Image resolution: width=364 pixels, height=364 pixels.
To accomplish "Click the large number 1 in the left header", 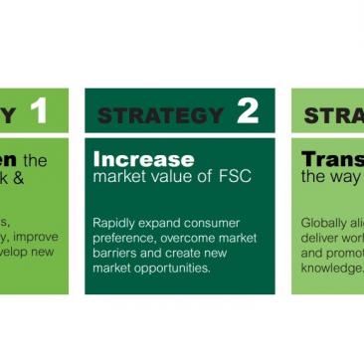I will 38,112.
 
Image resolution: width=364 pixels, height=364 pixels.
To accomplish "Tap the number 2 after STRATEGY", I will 248,112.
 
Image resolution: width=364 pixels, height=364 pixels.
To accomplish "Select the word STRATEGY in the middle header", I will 160,115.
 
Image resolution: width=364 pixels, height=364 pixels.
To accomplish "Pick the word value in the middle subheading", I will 182,177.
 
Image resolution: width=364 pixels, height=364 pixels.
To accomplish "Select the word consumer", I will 217,223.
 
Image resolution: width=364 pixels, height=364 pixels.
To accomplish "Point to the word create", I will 190,254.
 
